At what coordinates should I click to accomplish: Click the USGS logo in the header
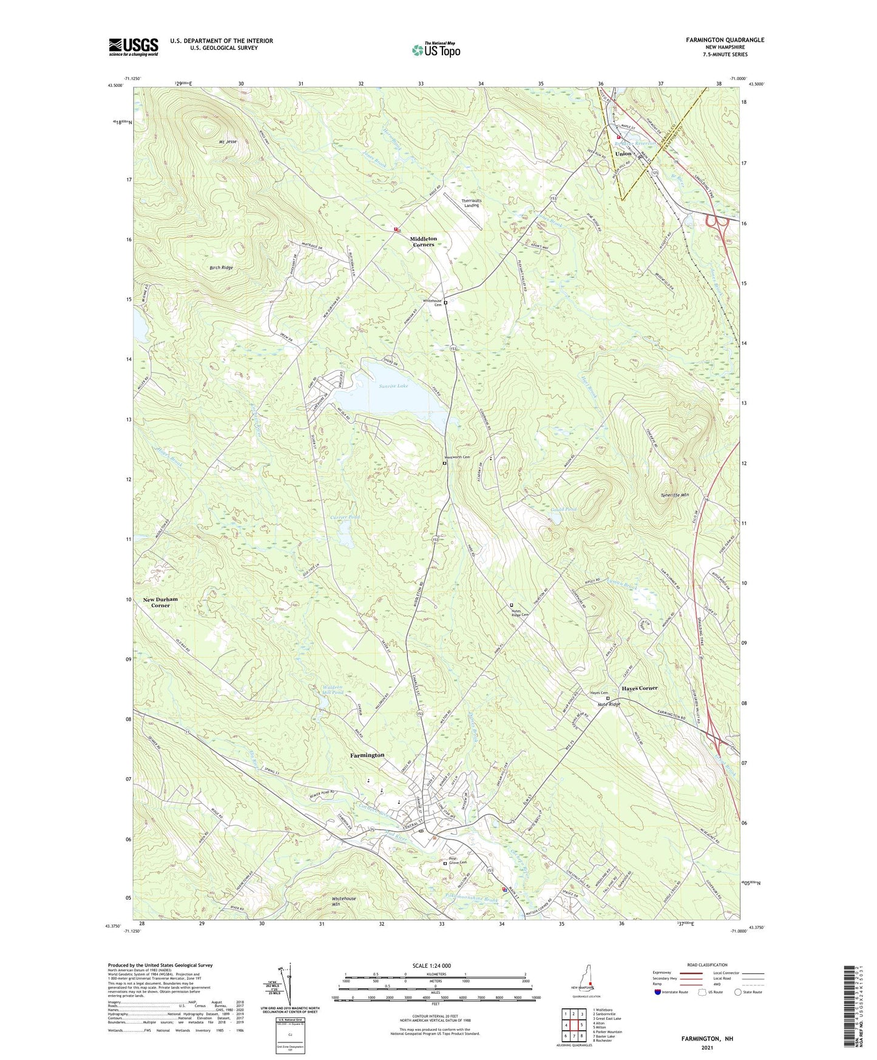134,47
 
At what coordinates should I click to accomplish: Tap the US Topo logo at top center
436,50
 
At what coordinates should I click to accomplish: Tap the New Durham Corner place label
161,602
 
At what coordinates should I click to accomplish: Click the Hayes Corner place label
639,688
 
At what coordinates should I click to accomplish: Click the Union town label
623,154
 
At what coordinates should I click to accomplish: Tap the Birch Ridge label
221,268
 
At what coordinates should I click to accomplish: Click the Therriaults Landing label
472,203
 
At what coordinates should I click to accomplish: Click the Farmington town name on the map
367,755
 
